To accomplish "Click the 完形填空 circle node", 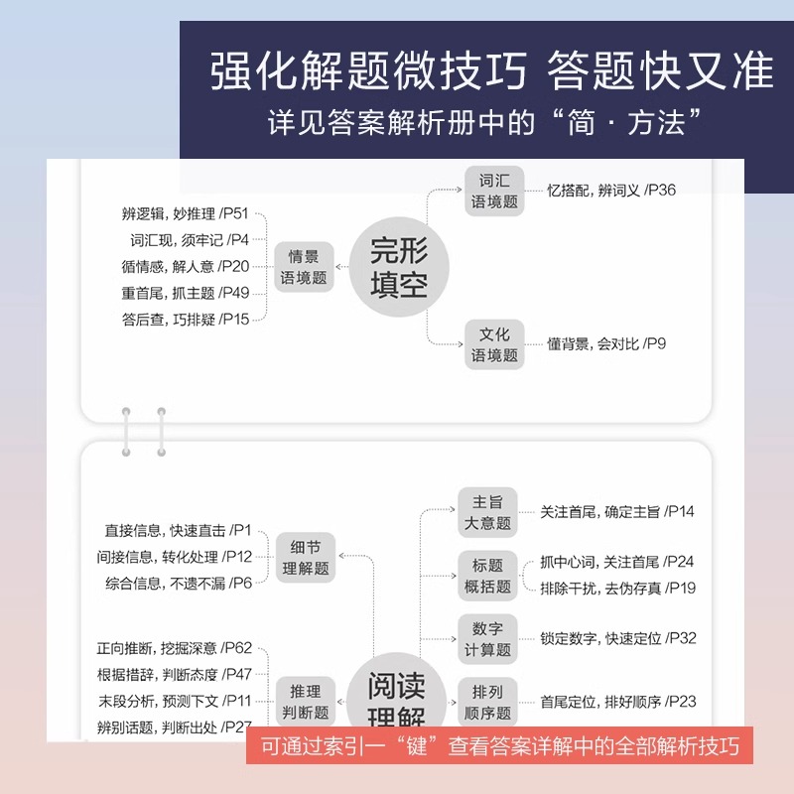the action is pos(398,265).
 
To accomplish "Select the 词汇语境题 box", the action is pos(494,191).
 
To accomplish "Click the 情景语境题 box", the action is pos(304,267).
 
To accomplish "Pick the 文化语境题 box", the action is pos(494,344).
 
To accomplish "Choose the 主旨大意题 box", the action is pos(487,512).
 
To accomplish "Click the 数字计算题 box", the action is pos(487,639).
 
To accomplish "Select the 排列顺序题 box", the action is pos(487,702).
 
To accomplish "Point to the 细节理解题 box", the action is pos(306,558).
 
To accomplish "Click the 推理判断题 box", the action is pos(306,701).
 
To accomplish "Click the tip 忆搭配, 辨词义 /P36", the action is pos(611,190).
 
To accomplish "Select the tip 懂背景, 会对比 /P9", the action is pos(606,344).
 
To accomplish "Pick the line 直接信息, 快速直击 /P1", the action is pos(179,531).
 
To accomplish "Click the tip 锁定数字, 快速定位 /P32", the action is pos(617,638).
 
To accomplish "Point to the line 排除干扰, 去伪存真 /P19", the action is pos(617,588).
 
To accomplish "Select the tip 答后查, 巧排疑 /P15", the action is pos(186,319).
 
